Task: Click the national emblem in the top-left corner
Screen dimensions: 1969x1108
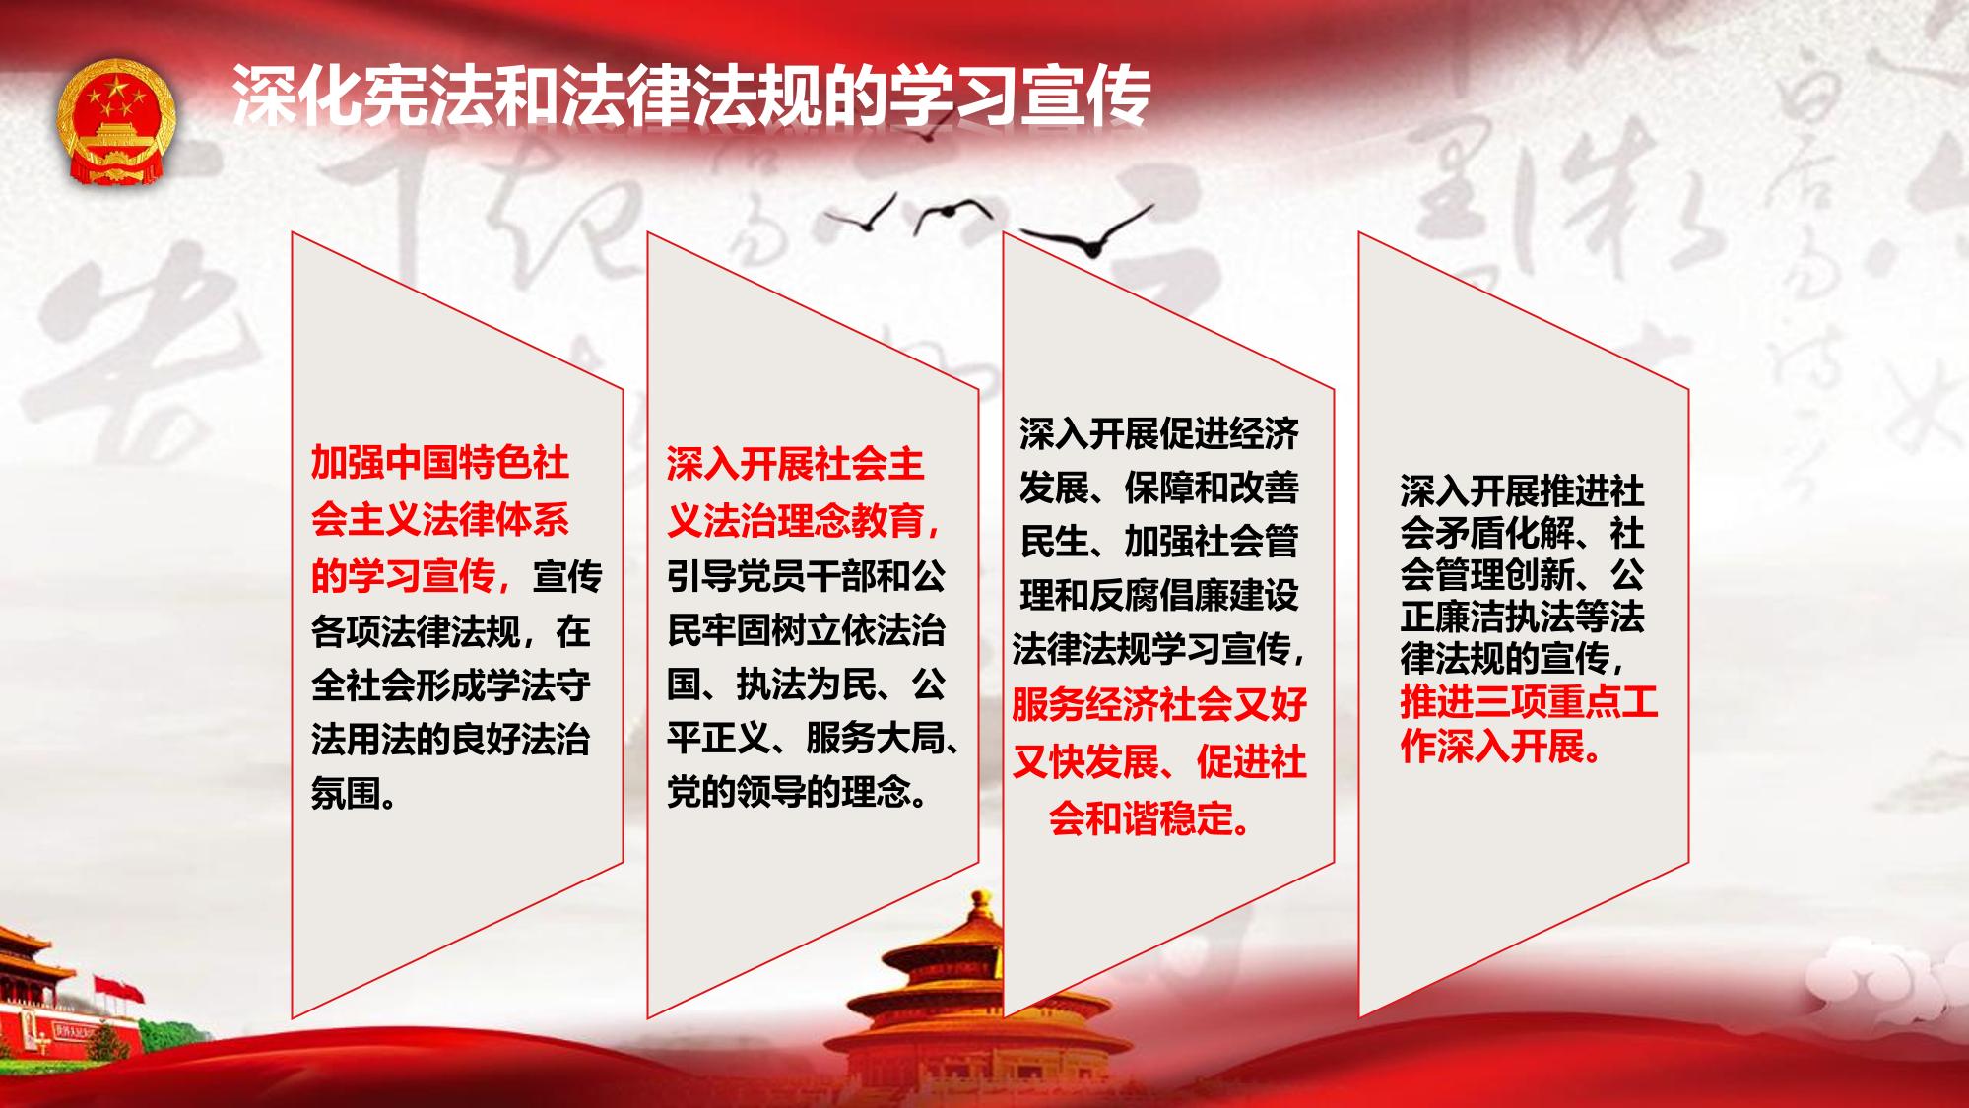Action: pos(115,122)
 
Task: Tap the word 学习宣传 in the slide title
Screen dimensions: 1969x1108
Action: pos(1019,97)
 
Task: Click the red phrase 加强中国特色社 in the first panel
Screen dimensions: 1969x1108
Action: pos(440,463)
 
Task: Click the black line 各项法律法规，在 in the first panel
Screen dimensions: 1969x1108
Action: pos(451,630)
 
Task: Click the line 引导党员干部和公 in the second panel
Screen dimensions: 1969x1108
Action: pos(806,575)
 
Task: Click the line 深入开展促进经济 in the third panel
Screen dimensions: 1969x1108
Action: pos(1159,433)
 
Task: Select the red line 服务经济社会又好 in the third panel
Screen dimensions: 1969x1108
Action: pos(1159,705)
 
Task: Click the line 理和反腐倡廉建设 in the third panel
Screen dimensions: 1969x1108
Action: pos(1159,595)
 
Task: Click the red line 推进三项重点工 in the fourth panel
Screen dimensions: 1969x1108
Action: pos(1530,703)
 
